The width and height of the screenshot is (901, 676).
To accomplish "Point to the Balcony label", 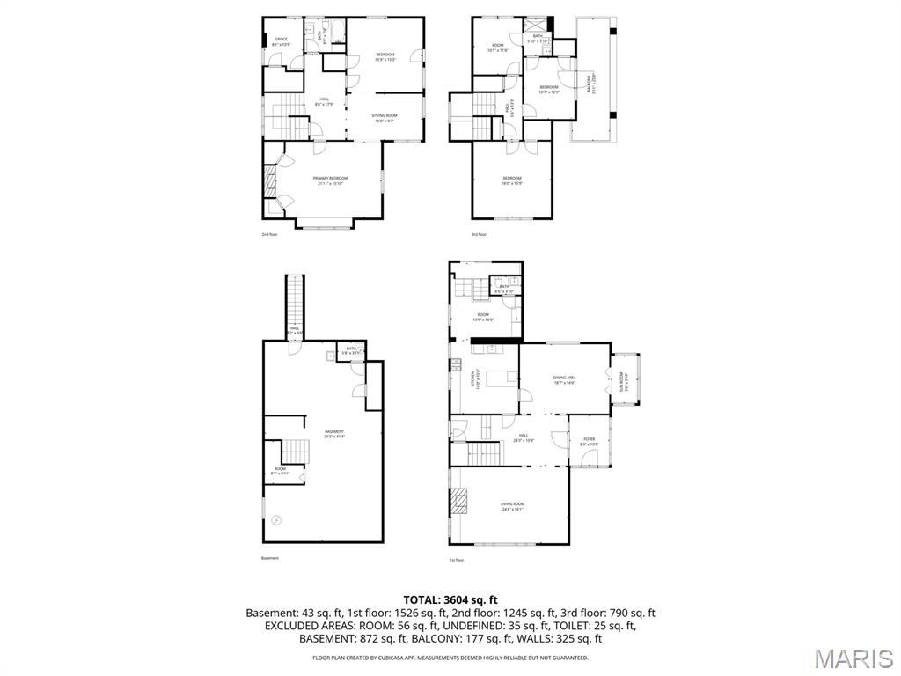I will coord(590,83).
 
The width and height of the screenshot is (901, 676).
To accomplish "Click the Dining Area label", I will coord(564,379).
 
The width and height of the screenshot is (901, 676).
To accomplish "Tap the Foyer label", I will coord(589,441).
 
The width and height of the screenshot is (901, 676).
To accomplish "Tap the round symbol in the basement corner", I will coord(276,521).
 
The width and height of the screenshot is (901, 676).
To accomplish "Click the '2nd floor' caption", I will coord(269,234).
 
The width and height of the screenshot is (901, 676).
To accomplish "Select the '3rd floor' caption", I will coord(480,234).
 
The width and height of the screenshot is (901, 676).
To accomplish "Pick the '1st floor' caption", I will coord(457,560).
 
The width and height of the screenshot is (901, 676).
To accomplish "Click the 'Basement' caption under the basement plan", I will coord(270,558).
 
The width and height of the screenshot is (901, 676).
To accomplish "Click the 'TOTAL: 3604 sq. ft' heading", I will coord(450,599).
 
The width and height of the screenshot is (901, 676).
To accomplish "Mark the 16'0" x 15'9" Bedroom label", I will coord(512,180).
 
